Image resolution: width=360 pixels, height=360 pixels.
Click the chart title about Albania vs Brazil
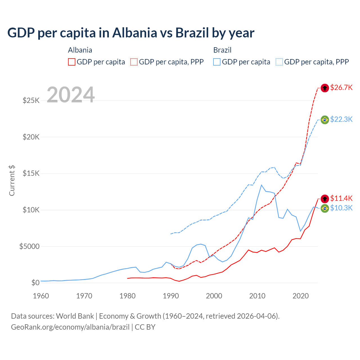point(131,33)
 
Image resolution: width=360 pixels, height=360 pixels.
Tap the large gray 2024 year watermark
point(71,95)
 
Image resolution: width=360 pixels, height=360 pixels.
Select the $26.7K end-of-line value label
point(341,87)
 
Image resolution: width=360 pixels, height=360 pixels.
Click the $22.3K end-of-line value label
point(341,119)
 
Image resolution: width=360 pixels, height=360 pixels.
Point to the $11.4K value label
point(341,198)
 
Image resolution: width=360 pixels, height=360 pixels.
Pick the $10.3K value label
point(341,208)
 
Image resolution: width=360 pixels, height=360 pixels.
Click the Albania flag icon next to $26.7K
point(325,88)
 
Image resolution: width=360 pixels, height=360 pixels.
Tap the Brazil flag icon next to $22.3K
point(325,120)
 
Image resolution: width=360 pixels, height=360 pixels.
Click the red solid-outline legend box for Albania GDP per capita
point(72,62)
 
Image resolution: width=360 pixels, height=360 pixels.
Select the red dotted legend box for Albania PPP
point(134,62)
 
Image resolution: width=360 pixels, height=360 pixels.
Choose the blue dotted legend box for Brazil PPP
point(279,62)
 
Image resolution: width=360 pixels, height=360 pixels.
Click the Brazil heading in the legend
point(222,50)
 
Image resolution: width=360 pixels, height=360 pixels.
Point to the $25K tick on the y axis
point(31,100)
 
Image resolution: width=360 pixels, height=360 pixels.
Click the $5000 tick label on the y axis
point(29,246)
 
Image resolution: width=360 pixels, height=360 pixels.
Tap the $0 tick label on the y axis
point(35,283)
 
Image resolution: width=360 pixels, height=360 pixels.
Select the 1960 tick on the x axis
point(41,296)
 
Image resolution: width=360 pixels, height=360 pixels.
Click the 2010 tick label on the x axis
point(257,296)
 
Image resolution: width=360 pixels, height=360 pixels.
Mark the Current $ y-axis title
point(12,181)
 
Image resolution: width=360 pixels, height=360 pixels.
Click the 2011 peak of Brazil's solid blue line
point(261,185)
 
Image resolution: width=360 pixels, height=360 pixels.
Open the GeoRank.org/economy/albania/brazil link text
point(70,327)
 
